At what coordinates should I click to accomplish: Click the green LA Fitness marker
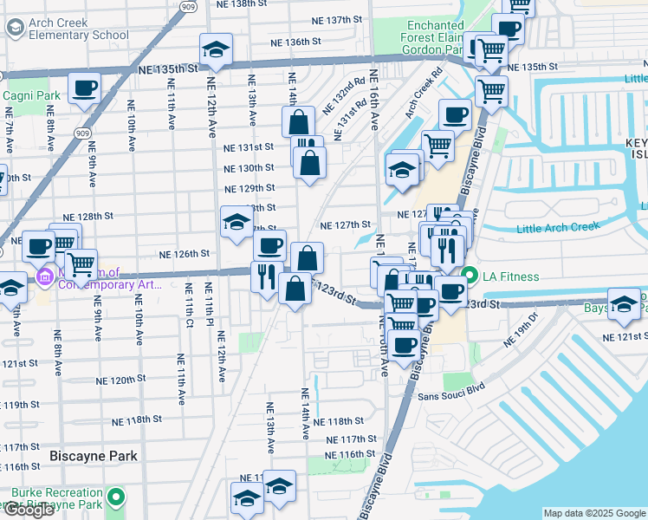click(x=470, y=276)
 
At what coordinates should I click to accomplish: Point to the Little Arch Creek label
click(x=557, y=229)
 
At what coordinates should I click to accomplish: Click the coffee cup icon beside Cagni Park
click(x=85, y=88)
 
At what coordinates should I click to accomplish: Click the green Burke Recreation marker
click(x=119, y=497)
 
